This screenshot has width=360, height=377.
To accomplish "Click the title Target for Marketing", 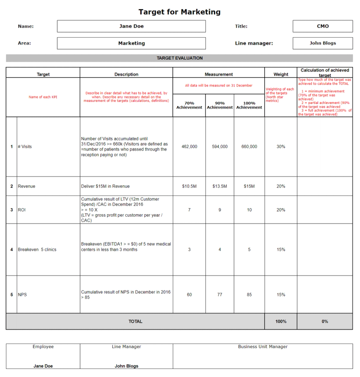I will pyautogui.click(x=180, y=12).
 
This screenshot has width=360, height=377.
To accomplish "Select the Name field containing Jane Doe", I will pyautogui.click(x=131, y=26).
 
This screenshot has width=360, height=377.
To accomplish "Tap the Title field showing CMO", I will pyautogui.click(x=322, y=26).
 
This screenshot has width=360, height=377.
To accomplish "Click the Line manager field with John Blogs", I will pyautogui.click(x=322, y=43).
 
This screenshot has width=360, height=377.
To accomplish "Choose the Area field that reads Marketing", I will pyautogui.click(x=131, y=43).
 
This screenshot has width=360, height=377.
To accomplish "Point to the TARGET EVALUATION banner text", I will pyautogui.click(x=180, y=58).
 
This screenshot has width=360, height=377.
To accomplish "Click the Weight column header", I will pyautogui.click(x=281, y=74).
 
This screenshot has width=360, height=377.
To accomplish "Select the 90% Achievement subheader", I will pyautogui.click(x=220, y=105).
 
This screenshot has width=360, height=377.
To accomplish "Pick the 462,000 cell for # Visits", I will pyautogui.click(x=189, y=147).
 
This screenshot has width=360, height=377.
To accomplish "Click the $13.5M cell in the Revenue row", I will pyautogui.click(x=220, y=186).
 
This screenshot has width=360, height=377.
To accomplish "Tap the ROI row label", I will pyautogui.click(x=22, y=209).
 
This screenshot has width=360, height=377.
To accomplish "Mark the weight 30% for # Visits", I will pyautogui.click(x=281, y=147).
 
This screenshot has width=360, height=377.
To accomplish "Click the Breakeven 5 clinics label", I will pyautogui.click(x=37, y=250).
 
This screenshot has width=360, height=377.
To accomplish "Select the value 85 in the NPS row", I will pyautogui.click(x=249, y=295).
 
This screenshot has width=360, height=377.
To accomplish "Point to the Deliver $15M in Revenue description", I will pyautogui.click(x=105, y=186).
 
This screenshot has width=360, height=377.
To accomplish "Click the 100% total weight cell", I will pyautogui.click(x=281, y=321).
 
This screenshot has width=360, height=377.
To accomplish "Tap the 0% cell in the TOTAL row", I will pyautogui.click(x=325, y=321).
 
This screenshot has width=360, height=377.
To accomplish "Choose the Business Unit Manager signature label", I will pyautogui.click(x=263, y=347).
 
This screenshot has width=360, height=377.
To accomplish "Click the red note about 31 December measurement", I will pyautogui.click(x=219, y=86).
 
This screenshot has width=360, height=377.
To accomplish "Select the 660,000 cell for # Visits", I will pyautogui.click(x=249, y=147).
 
